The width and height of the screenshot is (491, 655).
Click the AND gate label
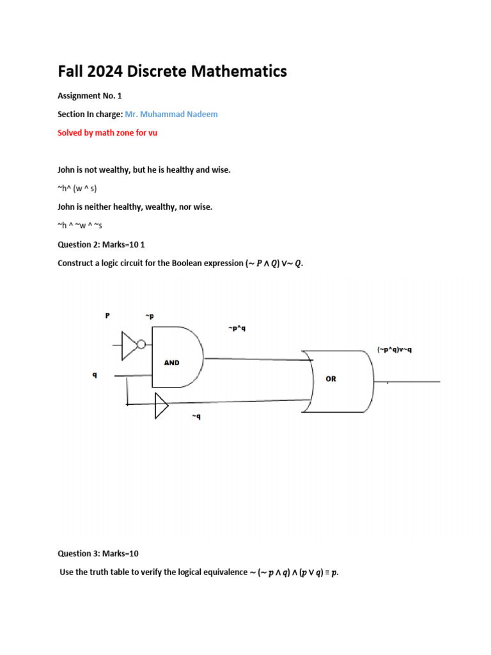(x=172, y=363)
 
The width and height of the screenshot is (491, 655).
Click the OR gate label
(x=331, y=379)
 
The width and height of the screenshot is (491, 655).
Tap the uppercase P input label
(x=107, y=315)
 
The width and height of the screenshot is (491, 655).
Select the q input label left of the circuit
(x=95, y=375)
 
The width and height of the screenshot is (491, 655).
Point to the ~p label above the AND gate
(x=150, y=316)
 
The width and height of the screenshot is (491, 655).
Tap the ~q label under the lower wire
(x=196, y=416)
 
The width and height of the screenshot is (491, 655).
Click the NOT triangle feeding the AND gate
(x=130, y=345)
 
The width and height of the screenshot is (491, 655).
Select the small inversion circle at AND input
(x=141, y=345)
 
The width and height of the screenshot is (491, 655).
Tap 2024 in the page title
(x=105, y=72)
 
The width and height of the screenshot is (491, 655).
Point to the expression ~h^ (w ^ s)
(x=77, y=188)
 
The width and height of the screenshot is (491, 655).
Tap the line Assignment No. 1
(x=90, y=95)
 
